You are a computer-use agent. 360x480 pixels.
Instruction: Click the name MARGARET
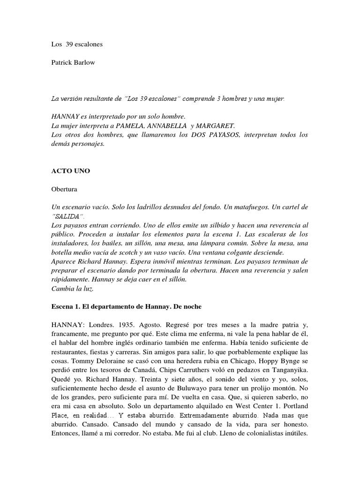coord(220,126)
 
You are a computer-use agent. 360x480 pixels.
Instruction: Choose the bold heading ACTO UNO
coord(70,171)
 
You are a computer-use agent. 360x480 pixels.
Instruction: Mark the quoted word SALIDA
coord(68,216)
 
